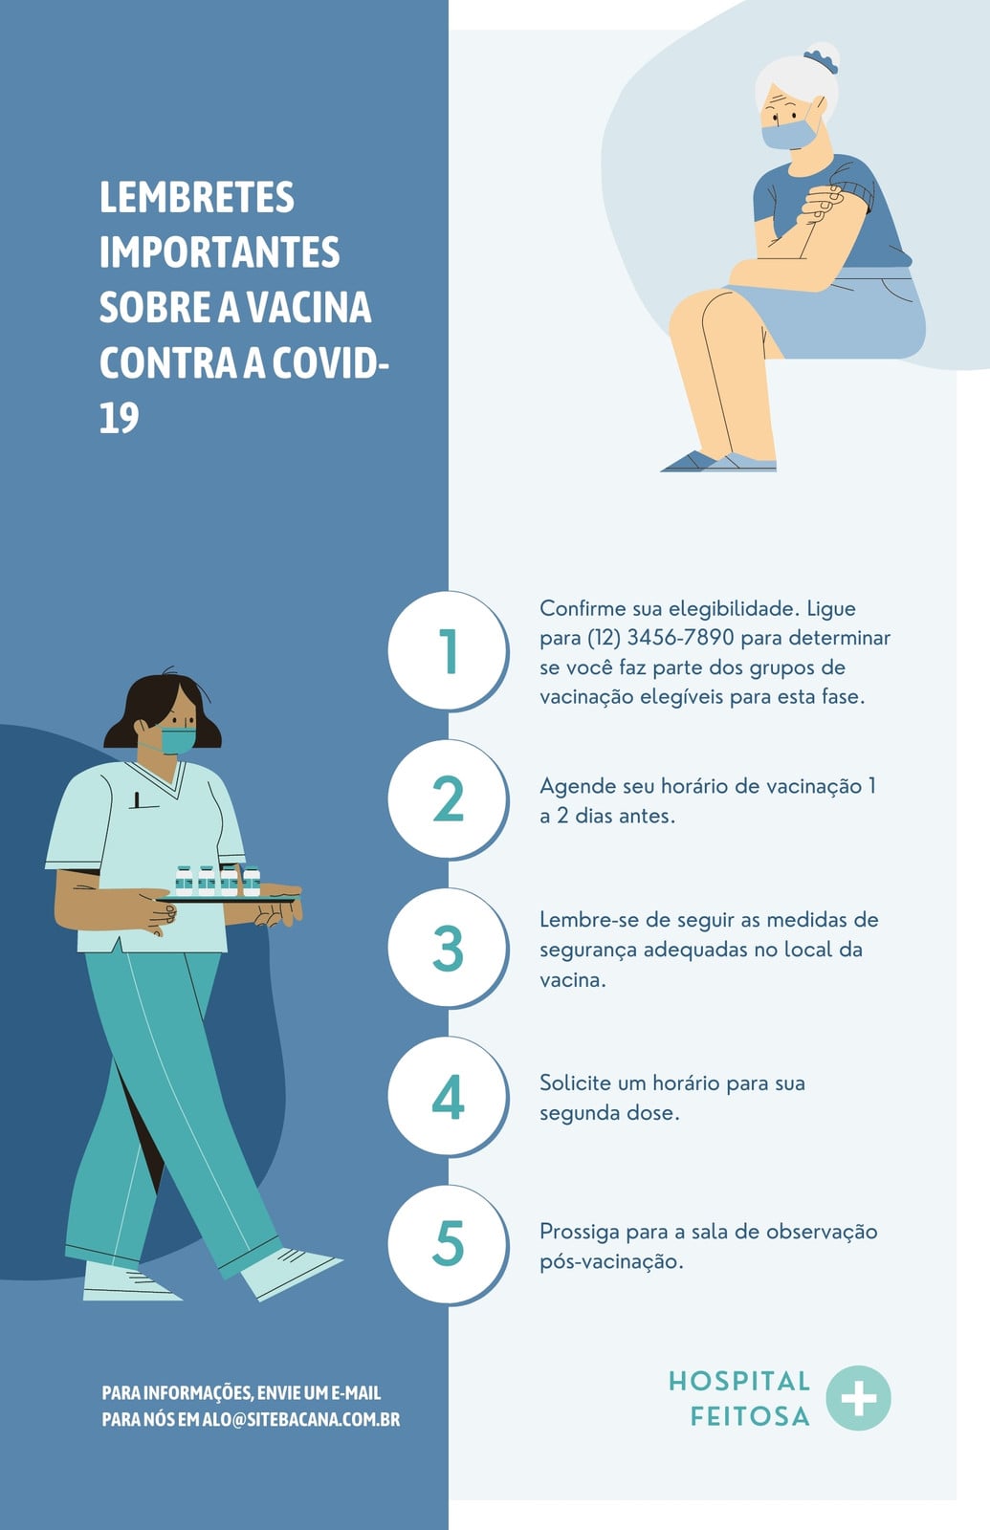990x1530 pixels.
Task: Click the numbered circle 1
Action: point(449,650)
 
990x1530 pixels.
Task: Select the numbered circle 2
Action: point(449,798)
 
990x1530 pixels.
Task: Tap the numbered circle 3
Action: point(449,948)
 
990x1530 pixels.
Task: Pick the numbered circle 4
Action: point(449,1096)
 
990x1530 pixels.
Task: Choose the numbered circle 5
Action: point(449,1244)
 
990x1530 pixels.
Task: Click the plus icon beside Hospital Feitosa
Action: point(858,1398)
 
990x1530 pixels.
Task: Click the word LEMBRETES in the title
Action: point(197,197)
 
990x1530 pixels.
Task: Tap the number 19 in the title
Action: point(119,417)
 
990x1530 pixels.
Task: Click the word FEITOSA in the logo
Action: point(750,1416)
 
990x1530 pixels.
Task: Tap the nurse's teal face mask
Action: point(178,740)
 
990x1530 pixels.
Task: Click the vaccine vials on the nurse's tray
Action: point(217,881)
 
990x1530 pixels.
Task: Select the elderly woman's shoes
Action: point(718,462)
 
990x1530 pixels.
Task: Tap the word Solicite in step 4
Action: point(575,1083)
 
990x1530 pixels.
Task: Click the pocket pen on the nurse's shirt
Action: point(138,799)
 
